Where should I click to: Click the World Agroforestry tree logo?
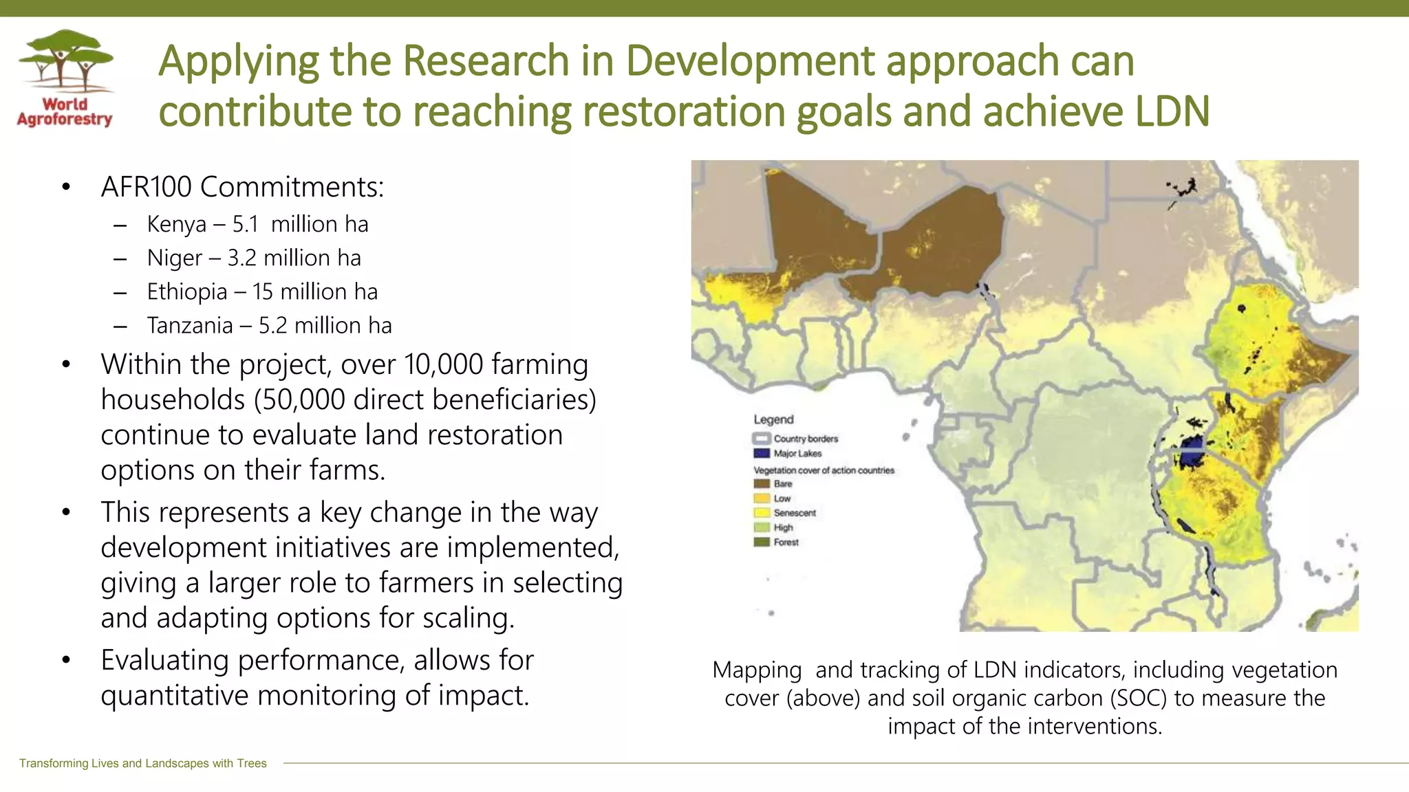click(x=65, y=62)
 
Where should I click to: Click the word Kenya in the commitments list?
click(x=176, y=224)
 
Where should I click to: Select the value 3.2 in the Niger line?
click(x=241, y=258)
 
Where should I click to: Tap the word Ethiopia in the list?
click(x=186, y=291)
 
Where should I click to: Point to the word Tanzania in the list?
click(x=190, y=325)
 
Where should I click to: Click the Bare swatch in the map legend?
click(x=762, y=483)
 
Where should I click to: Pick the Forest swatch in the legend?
click(x=762, y=542)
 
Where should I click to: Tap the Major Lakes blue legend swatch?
click(x=762, y=453)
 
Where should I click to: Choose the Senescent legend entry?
click(x=794, y=513)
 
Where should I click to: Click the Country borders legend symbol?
click(x=762, y=438)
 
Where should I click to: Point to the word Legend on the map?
click(x=773, y=419)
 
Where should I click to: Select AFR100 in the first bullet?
click(x=147, y=187)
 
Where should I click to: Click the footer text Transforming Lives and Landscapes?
click(x=142, y=763)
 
